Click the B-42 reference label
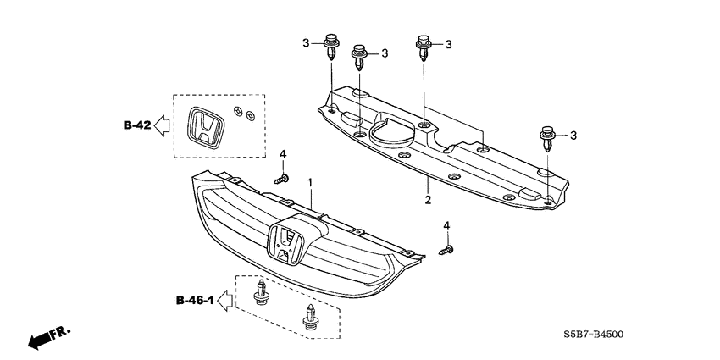(x=136, y=125)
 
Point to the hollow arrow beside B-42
(x=163, y=125)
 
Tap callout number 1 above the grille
(x=310, y=182)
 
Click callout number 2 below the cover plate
(x=428, y=200)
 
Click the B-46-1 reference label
(x=193, y=300)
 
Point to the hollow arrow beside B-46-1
(x=225, y=299)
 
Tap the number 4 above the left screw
(x=284, y=153)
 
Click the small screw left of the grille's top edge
(x=280, y=179)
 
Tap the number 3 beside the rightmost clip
(x=573, y=135)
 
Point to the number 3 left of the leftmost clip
(x=306, y=42)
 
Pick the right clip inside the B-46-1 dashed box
(x=307, y=318)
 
